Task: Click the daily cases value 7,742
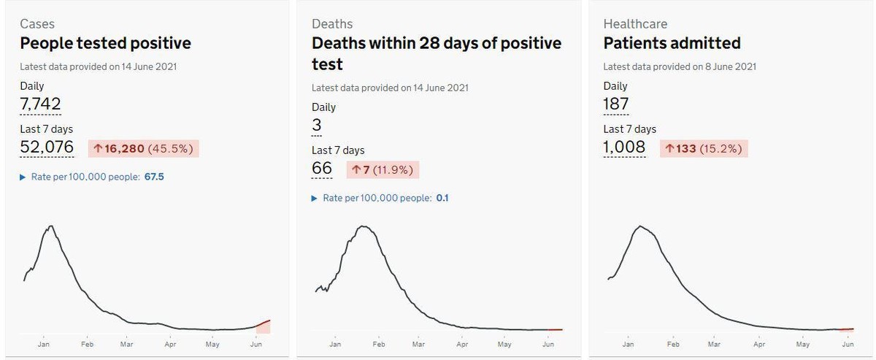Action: click(40, 104)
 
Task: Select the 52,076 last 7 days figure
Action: click(47, 147)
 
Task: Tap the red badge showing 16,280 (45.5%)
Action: click(144, 149)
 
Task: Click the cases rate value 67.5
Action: click(154, 177)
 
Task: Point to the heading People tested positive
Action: click(106, 43)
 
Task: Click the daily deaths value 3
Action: click(316, 125)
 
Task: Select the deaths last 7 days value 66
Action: click(322, 168)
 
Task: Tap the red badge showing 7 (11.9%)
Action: click(383, 170)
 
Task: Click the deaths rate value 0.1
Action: click(442, 198)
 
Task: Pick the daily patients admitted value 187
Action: click(616, 104)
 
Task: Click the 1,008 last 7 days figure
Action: click(624, 147)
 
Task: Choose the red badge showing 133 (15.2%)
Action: click(704, 149)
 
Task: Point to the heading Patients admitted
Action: click(672, 43)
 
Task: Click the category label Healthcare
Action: click(635, 24)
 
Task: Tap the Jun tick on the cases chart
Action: click(256, 345)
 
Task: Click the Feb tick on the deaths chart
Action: click(379, 345)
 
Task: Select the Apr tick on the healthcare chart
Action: click(759, 345)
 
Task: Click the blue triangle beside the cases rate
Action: click(23, 177)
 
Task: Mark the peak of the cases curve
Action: click(51, 226)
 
